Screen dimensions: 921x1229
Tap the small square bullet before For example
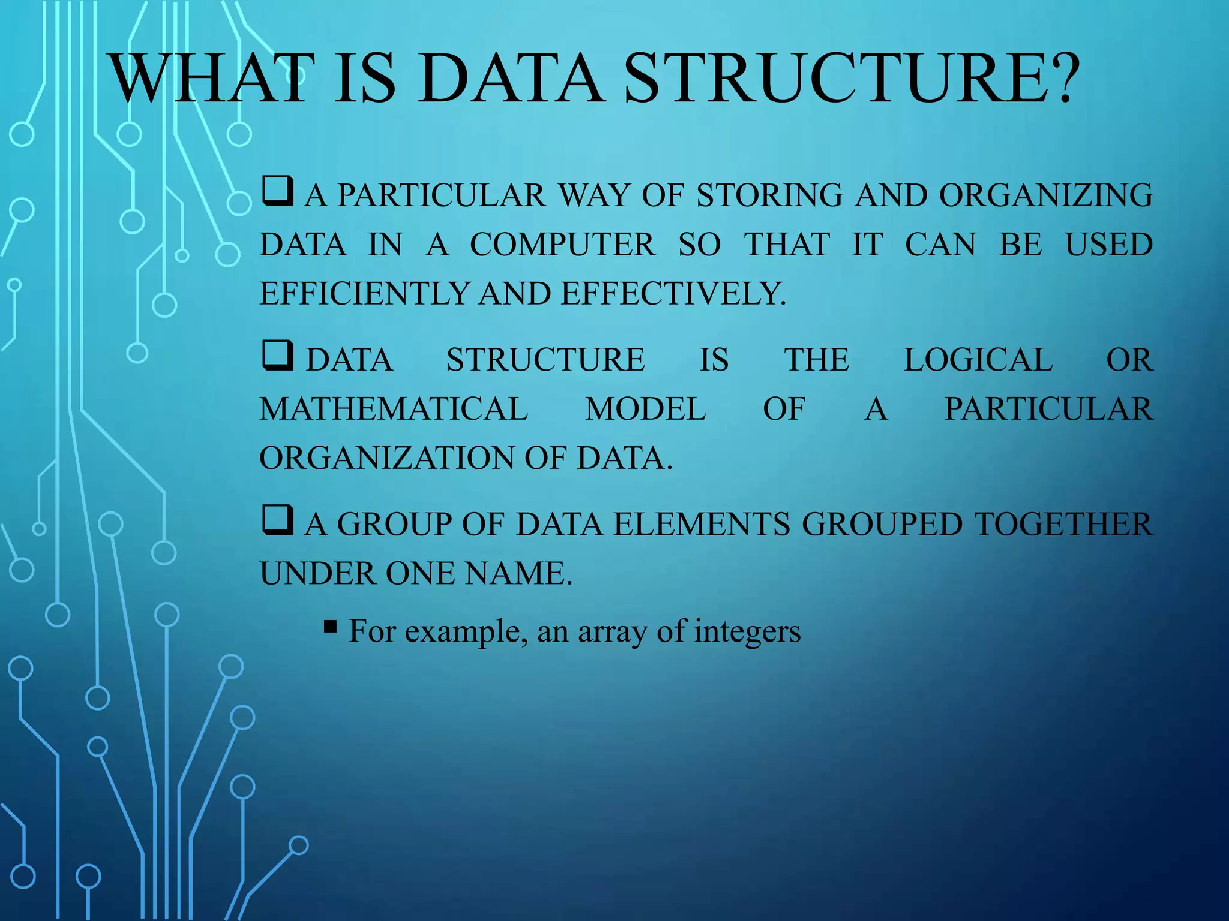pos(330,627)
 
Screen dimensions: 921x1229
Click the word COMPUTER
pos(562,245)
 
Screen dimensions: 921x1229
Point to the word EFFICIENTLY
pos(364,294)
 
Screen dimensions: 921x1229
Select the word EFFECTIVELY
pos(673,294)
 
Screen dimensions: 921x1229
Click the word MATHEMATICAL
pos(394,409)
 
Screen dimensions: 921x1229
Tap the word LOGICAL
pos(978,360)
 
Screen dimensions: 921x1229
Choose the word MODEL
pos(645,409)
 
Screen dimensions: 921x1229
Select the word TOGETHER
pos(1063,524)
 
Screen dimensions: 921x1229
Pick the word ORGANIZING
pos(1045,195)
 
